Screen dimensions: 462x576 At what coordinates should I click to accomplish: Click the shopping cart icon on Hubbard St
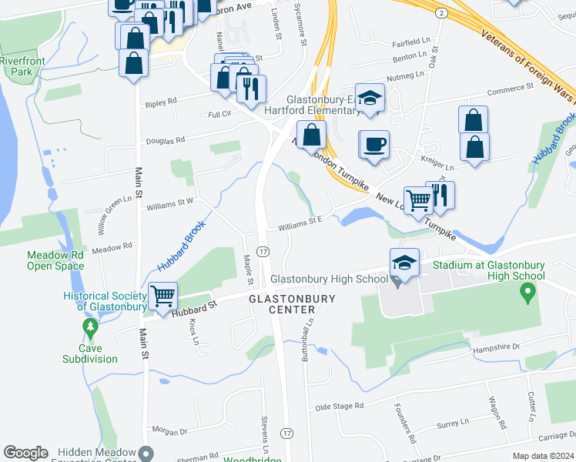point(162,296)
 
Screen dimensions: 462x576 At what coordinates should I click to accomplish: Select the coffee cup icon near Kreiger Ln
point(375,144)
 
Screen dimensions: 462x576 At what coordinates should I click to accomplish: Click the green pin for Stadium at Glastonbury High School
point(527,292)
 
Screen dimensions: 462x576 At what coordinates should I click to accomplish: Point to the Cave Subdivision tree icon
point(91,330)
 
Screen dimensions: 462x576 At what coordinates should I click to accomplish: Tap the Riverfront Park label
point(22,65)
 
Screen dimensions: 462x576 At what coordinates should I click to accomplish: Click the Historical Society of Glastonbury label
point(105,302)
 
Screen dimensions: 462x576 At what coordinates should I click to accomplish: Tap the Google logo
point(25,453)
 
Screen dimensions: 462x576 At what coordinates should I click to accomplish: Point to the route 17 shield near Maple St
point(263,252)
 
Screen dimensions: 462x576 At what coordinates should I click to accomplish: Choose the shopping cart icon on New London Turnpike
point(418,200)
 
